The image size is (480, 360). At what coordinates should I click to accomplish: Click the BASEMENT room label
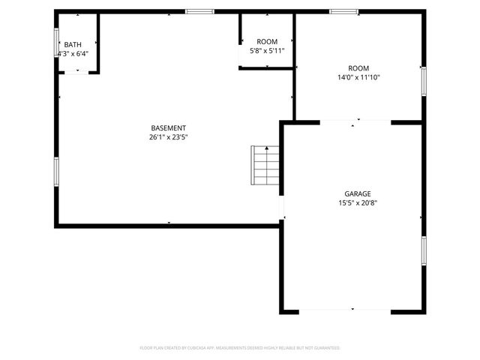[x=168, y=127]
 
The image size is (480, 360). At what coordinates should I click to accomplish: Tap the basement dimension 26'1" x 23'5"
[x=168, y=137]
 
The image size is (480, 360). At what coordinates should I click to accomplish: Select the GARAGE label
[x=357, y=193]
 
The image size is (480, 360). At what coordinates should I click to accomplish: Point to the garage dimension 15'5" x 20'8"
[x=357, y=202]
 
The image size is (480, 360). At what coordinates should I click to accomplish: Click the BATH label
[x=73, y=44]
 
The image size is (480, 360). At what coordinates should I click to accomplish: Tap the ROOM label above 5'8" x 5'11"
[x=267, y=41]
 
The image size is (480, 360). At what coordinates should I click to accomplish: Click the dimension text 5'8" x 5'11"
[x=267, y=51]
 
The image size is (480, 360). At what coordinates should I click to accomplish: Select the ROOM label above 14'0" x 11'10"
[x=358, y=67]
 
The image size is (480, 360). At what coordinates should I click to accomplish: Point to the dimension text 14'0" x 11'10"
[x=358, y=77]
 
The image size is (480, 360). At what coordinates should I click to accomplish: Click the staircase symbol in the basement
[x=265, y=166]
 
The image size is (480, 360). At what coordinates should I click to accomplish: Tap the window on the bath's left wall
[x=57, y=42]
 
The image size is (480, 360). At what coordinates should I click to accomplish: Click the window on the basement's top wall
[x=199, y=11]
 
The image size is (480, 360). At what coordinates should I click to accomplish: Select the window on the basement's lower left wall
[x=55, y=171]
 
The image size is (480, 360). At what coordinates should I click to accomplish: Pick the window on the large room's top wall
[x=344, y=11]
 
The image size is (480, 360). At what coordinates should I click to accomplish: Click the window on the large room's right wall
[x=424, y=80]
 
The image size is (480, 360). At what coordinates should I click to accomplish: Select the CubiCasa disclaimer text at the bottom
[x=240, y=348]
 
